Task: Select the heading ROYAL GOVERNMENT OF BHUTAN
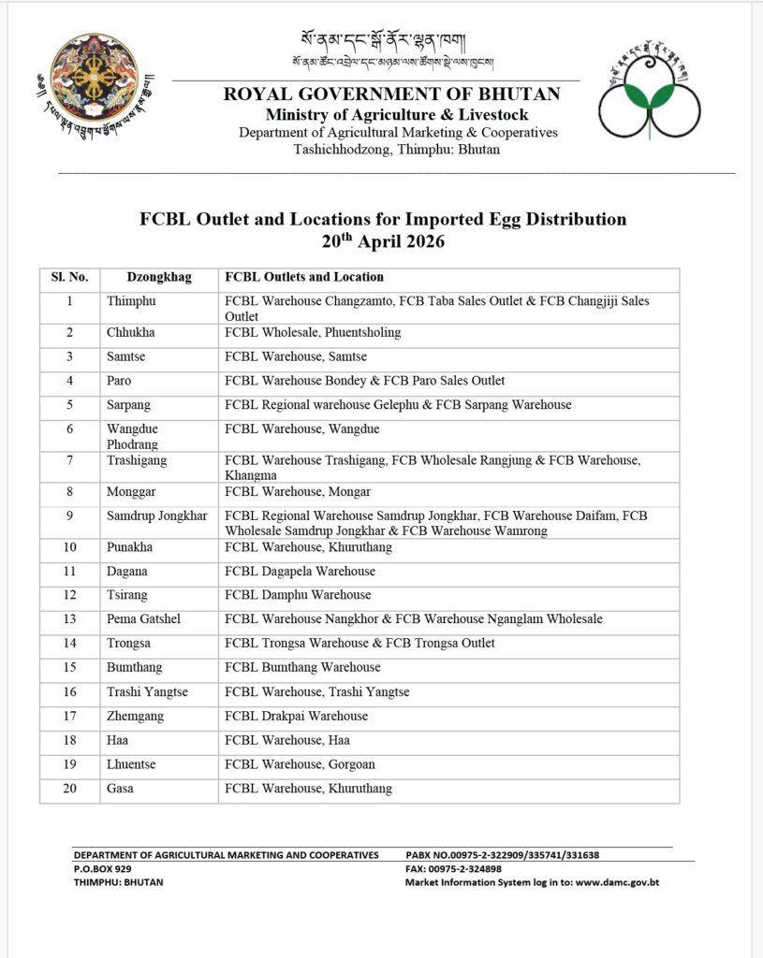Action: tap(391, 94)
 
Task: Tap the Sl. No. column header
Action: tap(69, 277)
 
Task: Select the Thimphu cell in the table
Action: tap(131, 301)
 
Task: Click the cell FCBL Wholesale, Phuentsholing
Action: tap(313, 332)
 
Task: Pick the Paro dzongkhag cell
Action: tap(119, 381)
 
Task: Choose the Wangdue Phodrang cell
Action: tap(132, 436)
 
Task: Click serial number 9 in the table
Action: tap(69, 515)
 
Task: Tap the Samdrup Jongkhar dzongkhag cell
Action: tap(156, 515)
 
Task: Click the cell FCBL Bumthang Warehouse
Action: tap(302, 667)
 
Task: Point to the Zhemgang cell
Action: tap(133, 716)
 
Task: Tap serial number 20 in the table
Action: tap(69, 789)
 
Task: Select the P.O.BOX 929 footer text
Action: tap(104, 868)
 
